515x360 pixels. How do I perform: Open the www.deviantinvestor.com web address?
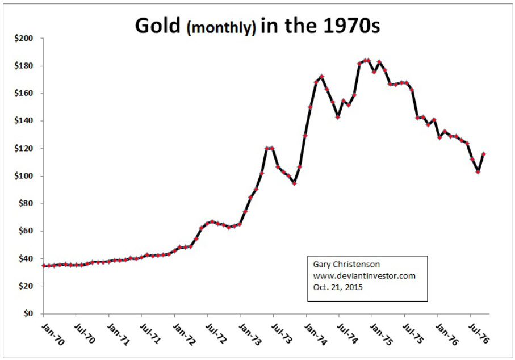(365, 276)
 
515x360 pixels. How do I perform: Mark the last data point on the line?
(484, 154)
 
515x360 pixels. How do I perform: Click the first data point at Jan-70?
(44, 265)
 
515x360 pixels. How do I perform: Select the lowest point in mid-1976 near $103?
(478, 171)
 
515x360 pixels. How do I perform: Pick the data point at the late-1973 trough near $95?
(295, 183)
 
